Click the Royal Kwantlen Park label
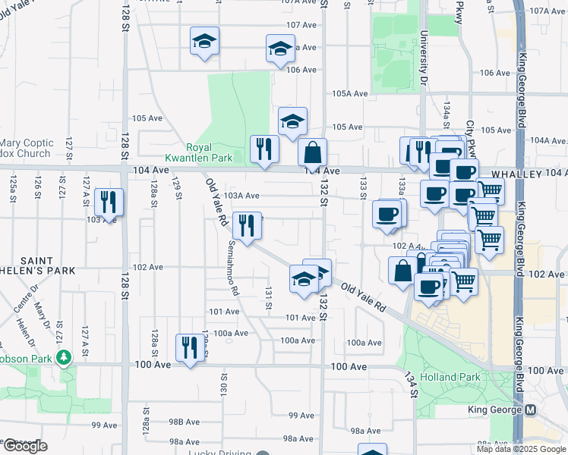[210, 153]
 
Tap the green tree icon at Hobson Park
[65, 355]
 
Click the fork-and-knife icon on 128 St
[111, 202]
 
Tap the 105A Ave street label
[350, 94]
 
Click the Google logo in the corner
[26, 447]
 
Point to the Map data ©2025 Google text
[521, 449]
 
